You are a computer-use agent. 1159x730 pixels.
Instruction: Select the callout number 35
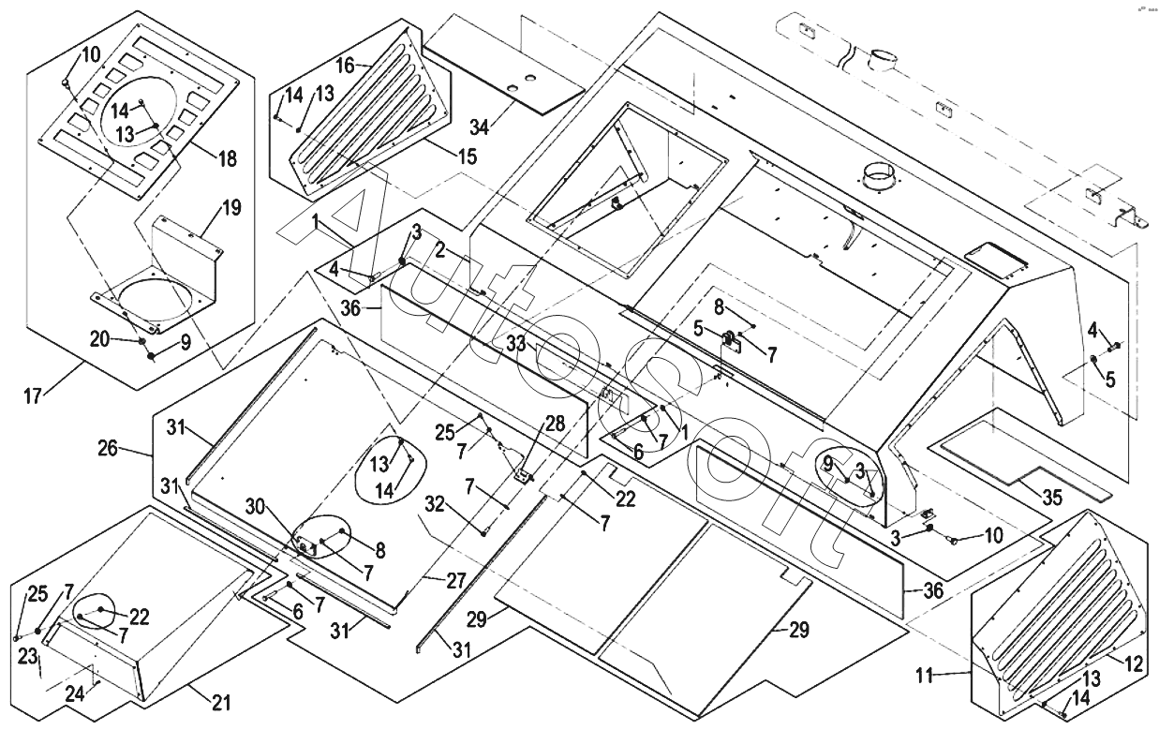point(1052,498)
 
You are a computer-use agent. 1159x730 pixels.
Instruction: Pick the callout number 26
point(108,449)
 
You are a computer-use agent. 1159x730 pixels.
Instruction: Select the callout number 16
point(346,66)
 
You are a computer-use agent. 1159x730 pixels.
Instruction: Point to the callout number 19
point(230,208)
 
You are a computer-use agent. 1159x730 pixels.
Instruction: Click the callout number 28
point(555,423)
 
